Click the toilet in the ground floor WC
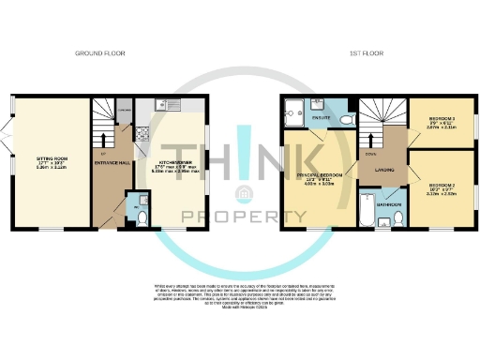coord(141,217)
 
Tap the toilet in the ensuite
coord(347,121)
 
